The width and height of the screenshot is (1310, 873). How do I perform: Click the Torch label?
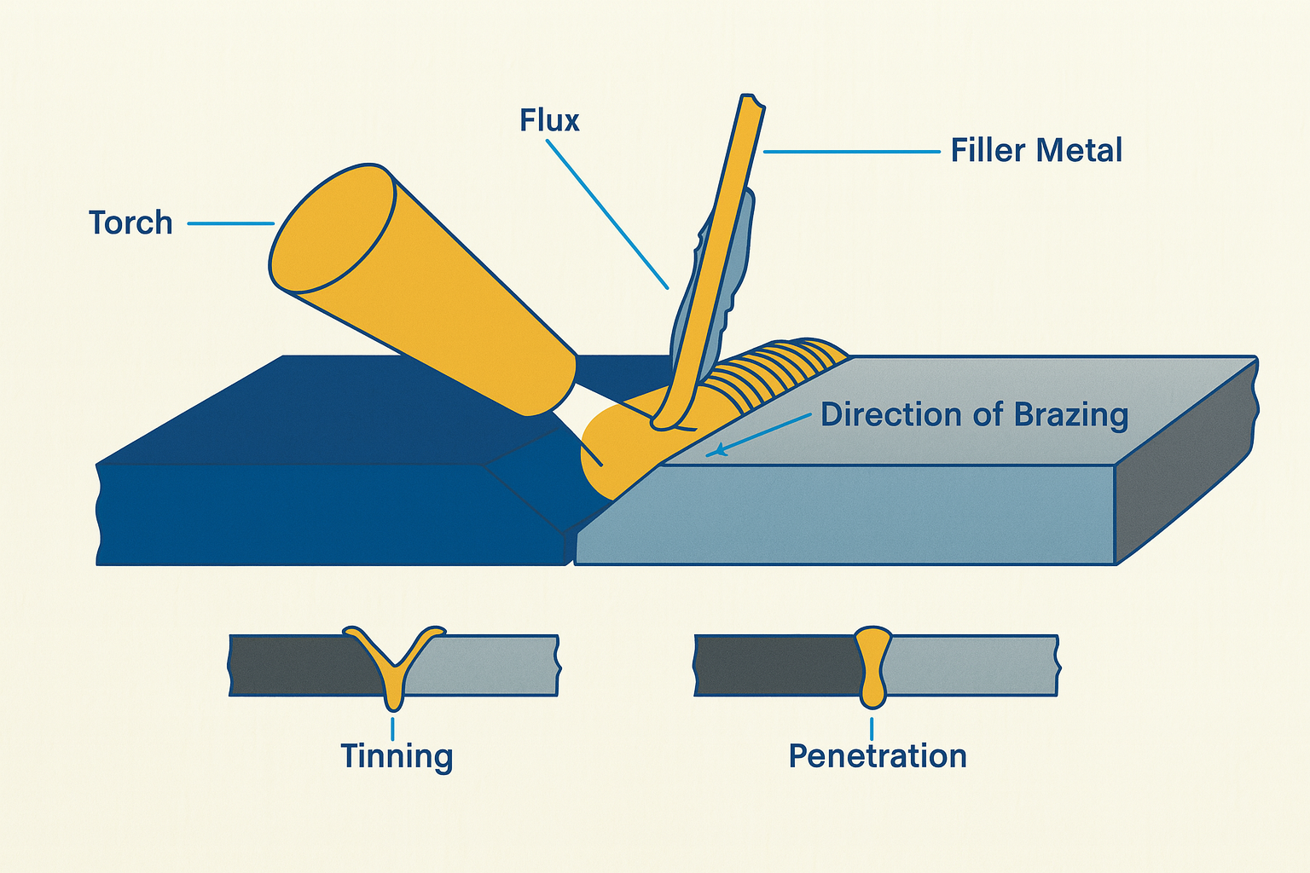click(x=130, y=223)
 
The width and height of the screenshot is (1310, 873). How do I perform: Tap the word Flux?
click(x=549, y=121)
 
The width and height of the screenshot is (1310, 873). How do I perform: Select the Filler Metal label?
click(x=1036, y=151)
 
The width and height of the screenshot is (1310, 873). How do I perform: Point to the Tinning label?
click(x=397, y=756)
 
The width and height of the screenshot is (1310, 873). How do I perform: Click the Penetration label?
click(x=878, y=756)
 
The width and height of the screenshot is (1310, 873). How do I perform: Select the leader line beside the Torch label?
click(x=230, y=223)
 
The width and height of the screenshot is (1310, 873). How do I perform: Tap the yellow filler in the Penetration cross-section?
click(x=872, y=665)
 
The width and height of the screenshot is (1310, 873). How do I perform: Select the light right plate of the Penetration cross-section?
click(x=972, y=665)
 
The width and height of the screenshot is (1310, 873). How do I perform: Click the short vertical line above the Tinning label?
click(x=392, y=727)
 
